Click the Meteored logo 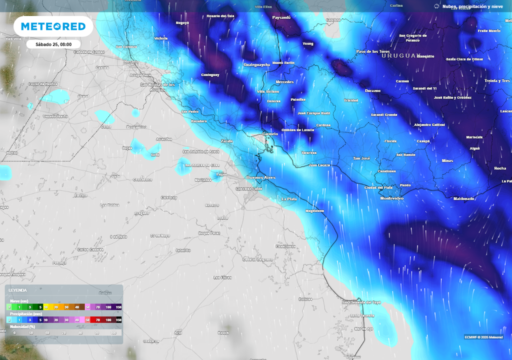[x=53, y=26]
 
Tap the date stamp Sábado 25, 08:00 [x=53, y=44]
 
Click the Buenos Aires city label [x=260, y=177]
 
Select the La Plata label [x=289, y=199]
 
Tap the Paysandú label [x=281, y=17]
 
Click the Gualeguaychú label [x=256, y=64]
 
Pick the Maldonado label [x=463, y=198]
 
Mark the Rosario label [x=131, y=61]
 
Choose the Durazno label [x=372, y=90]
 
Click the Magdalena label [x=314, y=211]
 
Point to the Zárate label [x=227, y=141]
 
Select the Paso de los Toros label [x=372, y=51]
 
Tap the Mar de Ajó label [x=363, y=328]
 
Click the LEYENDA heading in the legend [x=18, y=290]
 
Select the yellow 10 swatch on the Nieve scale [x=46, y=306]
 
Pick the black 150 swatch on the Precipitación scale [x=118, y=319]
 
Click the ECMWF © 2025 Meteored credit [x=483, y=337]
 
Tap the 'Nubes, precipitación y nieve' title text [x=472, y=6]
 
